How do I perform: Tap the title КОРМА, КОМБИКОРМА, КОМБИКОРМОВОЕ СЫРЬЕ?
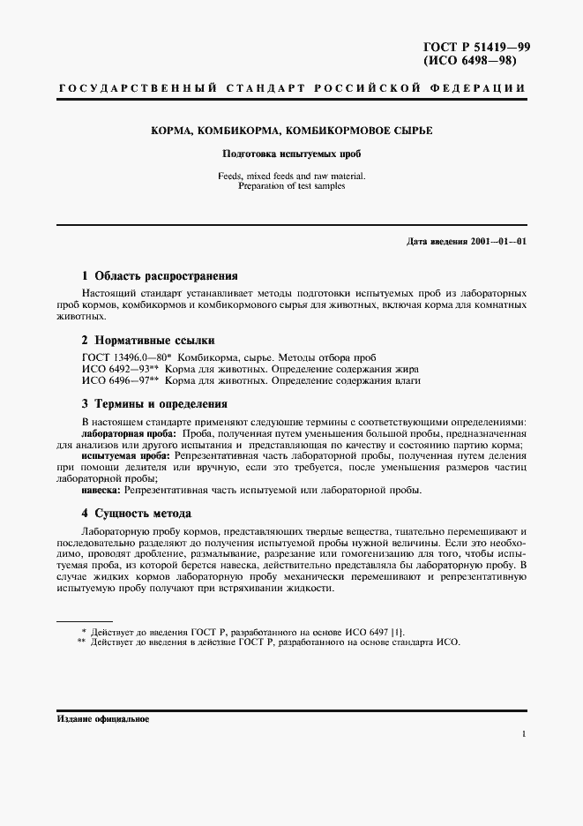(291, 131)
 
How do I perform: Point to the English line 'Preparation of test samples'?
(291, 186)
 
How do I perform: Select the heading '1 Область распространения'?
(160, 275)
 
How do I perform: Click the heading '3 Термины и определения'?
(154, 404)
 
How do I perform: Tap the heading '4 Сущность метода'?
(137, 513)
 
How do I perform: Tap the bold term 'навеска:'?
(102, 489)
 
